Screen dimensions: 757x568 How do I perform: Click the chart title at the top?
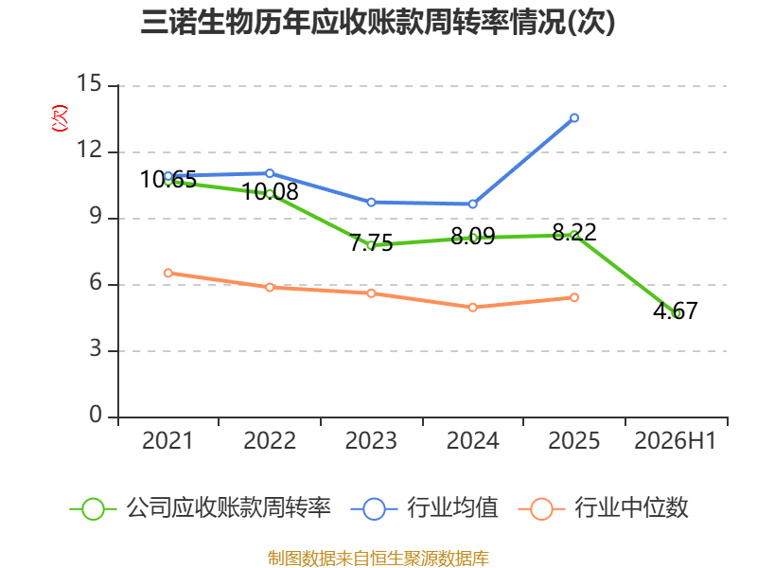coord(378,22)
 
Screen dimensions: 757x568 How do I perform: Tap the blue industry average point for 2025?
coord(574,117)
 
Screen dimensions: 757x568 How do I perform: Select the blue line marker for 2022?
coord(270,173)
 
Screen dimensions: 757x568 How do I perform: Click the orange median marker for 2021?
coord(168,273)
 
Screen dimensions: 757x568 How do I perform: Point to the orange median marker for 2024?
coord(472,307)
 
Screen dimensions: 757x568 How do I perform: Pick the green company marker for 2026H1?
coord(676,314)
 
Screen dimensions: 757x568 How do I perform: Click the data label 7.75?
coord(371,243)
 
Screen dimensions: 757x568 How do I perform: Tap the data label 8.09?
coord(472,236)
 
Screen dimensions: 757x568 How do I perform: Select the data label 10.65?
coord(168,180)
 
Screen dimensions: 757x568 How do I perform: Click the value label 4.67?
coord(676,311)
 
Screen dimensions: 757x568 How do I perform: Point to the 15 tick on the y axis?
coord(90,83)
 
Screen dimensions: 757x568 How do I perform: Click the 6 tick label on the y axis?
coord(96,282)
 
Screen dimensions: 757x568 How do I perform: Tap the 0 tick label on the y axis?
coord(96,415)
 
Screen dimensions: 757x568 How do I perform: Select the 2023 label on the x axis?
coord(371,441)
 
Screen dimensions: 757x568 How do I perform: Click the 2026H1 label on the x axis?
coord(675,441)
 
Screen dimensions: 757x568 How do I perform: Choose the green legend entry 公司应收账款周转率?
coord(201,508)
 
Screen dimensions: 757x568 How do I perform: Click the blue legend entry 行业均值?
coord(425,508)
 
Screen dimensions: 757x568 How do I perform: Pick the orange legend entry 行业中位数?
coord(604,508)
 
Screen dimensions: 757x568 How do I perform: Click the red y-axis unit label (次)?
coord(60,118)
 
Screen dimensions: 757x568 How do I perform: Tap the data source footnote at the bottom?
coord(378,559)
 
